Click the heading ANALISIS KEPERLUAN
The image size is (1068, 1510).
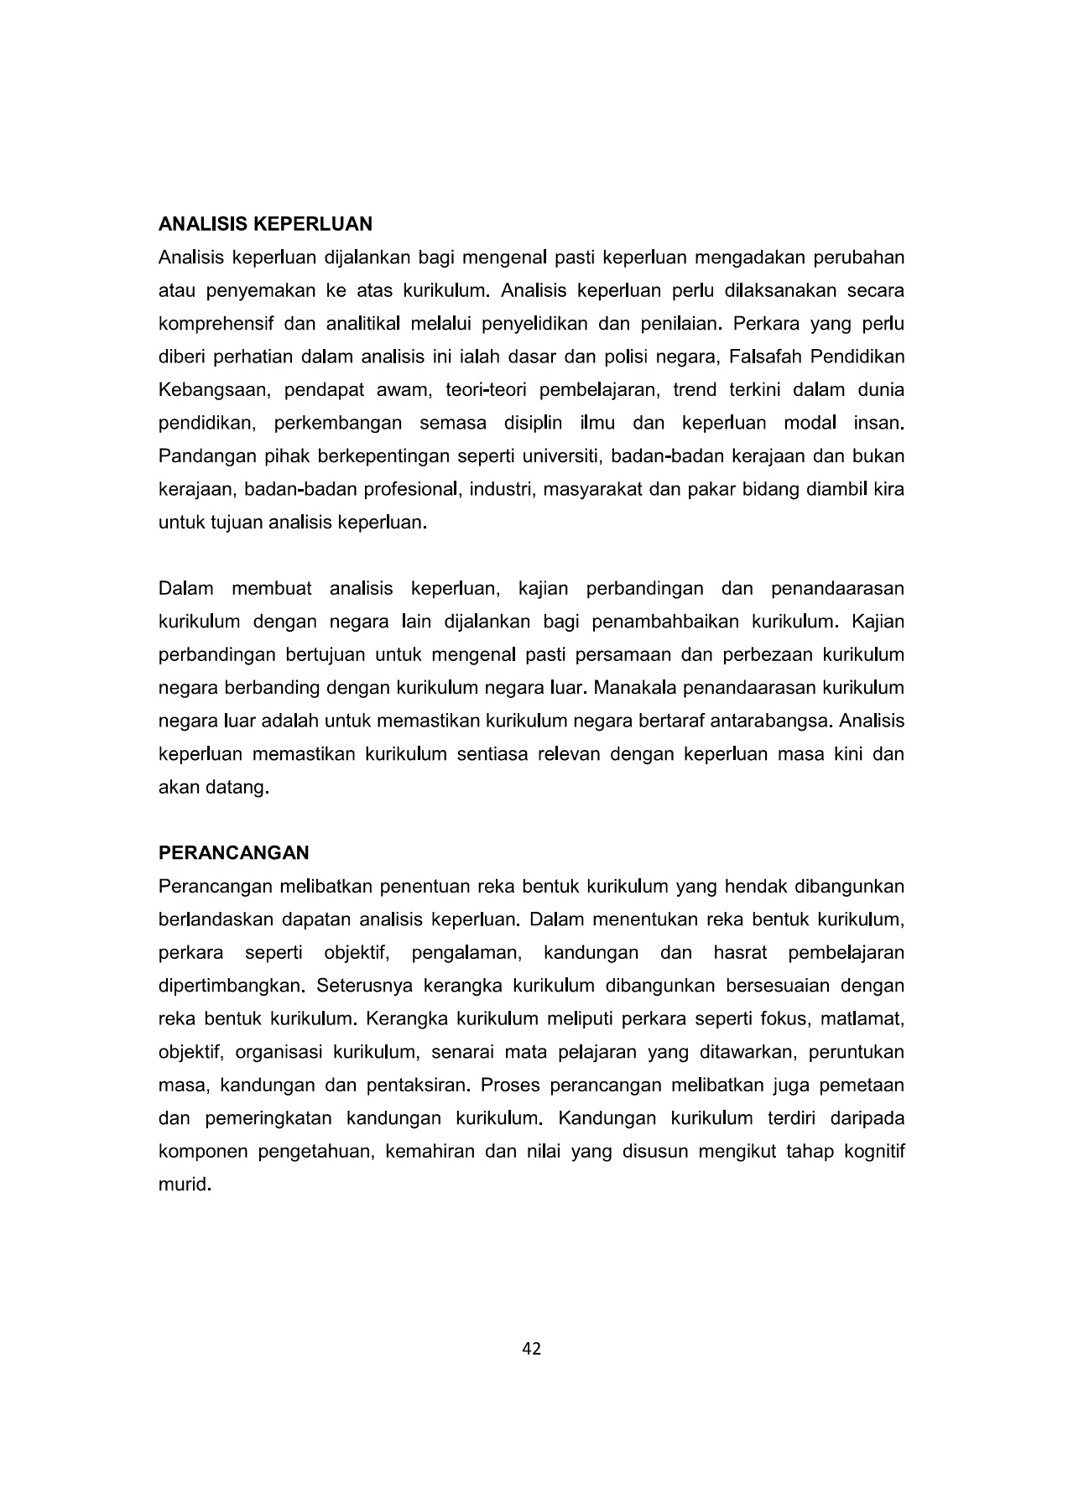[x=265, y=224]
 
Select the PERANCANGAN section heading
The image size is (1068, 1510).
[x=233, y=853]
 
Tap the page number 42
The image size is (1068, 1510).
[x=532, y=1349]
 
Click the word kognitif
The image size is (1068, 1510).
[x=876, y=1151]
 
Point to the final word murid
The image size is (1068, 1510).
[x=182, y=1185]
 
